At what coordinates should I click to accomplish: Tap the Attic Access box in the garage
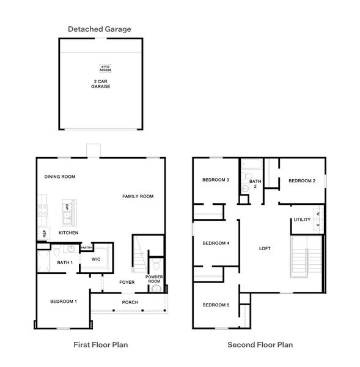(106, 69)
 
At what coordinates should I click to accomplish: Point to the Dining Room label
(59, 177)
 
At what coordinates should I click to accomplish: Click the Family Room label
(138, 196)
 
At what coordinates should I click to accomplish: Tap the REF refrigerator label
(44, 233)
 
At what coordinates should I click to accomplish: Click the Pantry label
(86, 247)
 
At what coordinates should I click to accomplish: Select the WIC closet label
(95, 259)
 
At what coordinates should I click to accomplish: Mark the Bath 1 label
(64, 263)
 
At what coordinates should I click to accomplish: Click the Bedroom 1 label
(63, 302)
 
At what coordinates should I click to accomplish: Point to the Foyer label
(127, 283)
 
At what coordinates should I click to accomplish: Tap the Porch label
(130, 302)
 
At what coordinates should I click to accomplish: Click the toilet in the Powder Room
(156, 265)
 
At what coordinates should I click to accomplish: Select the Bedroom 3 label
(215, 180)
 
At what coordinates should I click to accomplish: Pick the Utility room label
(302, 220)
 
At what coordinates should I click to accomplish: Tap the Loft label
(265, 248)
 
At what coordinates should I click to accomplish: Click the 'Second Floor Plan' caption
(260, 345)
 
